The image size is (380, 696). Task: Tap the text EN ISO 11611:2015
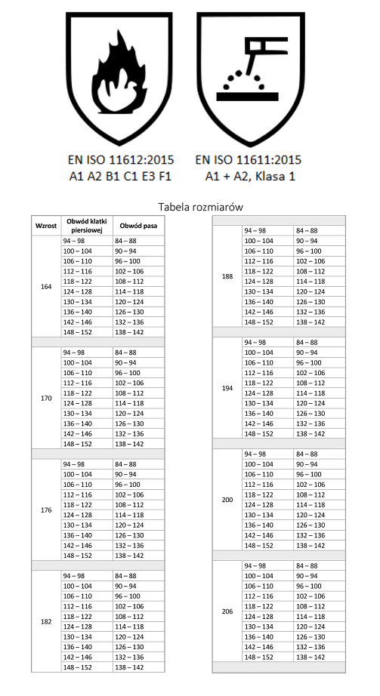coord(248,160)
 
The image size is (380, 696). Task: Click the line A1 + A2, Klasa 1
coord(248,176)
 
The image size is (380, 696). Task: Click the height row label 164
coord(45,286)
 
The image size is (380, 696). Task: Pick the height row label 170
coord(45,398)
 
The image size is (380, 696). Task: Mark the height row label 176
coord(45,510)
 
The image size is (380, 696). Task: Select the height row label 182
coord(45,621)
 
